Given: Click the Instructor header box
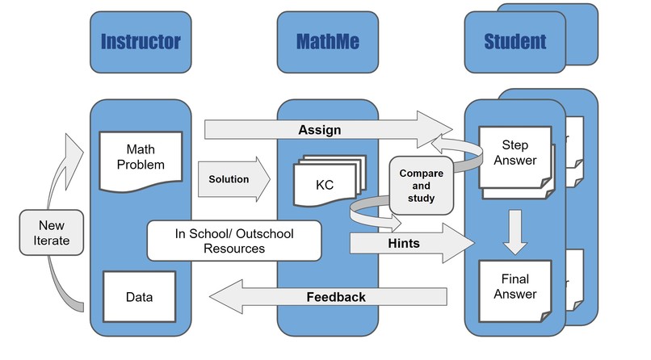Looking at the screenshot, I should [x=141, y=42].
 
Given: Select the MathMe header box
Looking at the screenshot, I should [x=327, y=42].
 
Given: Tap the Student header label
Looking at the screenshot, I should [x=514, y=42].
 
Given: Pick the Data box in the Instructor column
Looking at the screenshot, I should [x=139, y=296].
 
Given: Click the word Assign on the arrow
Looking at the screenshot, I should [x=319, y=129].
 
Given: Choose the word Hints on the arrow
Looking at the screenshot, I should [x=404, y=243].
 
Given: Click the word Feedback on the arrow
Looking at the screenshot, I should [x=335, y=297].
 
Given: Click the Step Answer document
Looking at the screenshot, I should [x=514, y=155].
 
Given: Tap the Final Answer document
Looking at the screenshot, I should [x=514, y=289].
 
